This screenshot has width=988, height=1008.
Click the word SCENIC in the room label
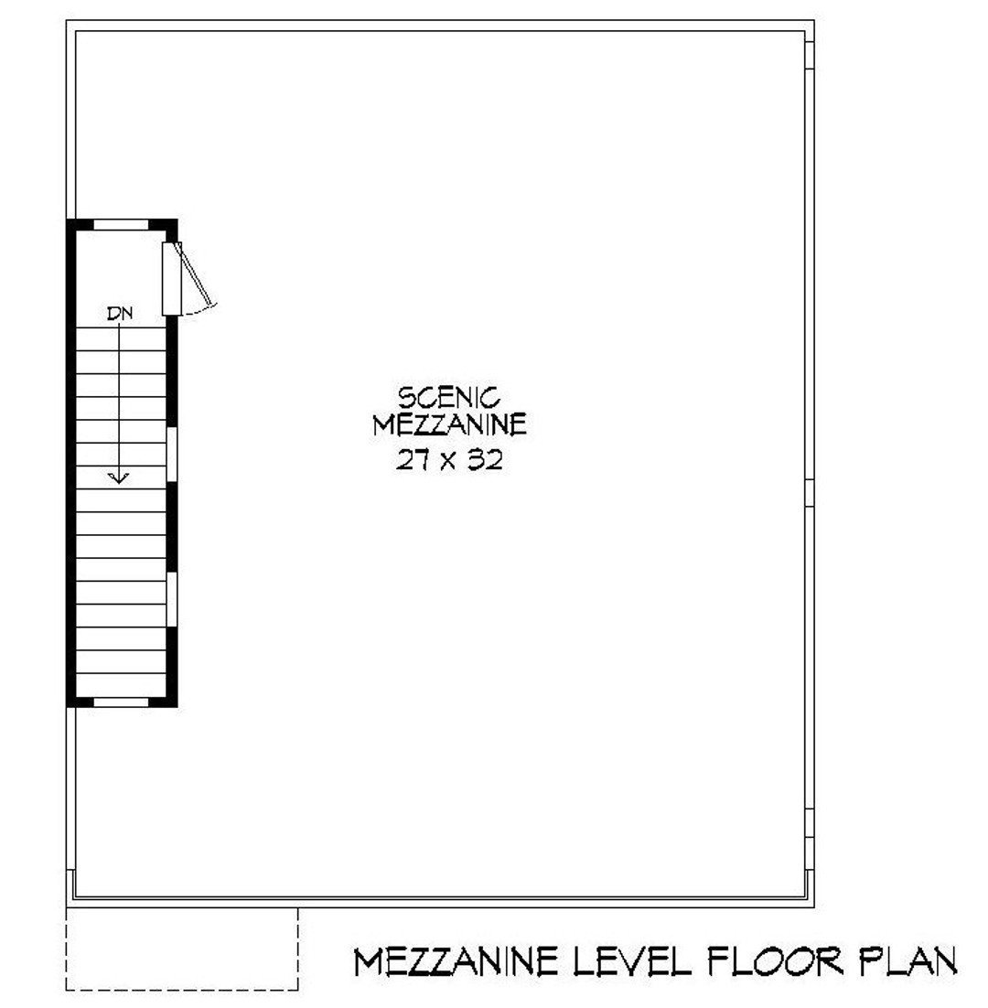point(449,398)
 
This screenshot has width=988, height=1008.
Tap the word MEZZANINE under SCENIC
point(449,425)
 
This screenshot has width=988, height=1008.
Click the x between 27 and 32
point(449,462)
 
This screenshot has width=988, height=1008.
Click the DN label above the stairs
point(119,314)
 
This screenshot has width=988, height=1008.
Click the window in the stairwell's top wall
point(121,223)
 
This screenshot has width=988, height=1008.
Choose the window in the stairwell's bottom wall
point(121,702)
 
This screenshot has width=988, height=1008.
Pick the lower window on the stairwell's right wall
point(171,599)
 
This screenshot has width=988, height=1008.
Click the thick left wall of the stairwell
point(71,462)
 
